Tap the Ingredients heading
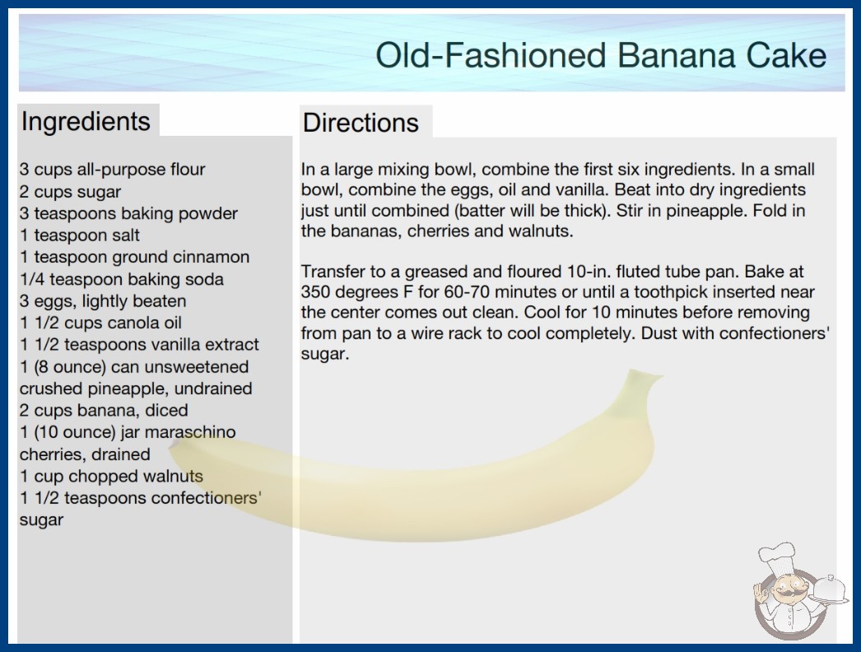(x=86, y=121)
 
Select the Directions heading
(x=361, y=123)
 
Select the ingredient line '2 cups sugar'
(x=70, y=192)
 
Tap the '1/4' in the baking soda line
(x=32, y=279)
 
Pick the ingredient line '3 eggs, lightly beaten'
(x=103, y=301)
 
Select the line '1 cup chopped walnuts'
(x=111, y=476)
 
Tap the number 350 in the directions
(x=315, y=291)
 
